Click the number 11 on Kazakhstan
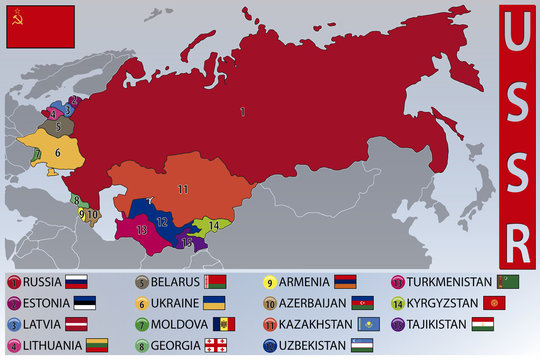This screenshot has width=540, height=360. pos(183,189)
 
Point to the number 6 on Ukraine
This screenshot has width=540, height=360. pos(58,152)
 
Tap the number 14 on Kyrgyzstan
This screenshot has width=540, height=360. pos(214,226)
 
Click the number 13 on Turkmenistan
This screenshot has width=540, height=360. pos(142,230)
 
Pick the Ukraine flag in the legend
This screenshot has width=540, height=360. pos(213,303)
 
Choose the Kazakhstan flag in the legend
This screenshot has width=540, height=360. pos(369,325)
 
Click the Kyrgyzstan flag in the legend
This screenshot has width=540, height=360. pos(492,303)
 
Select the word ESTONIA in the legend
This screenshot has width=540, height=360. pos(46,303)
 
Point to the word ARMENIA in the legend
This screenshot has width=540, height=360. pos(305,282)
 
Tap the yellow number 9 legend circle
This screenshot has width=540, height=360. pos(270,282)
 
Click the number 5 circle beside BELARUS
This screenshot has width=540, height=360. pos(141,282)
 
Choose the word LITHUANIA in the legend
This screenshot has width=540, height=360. pos(51,346)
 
